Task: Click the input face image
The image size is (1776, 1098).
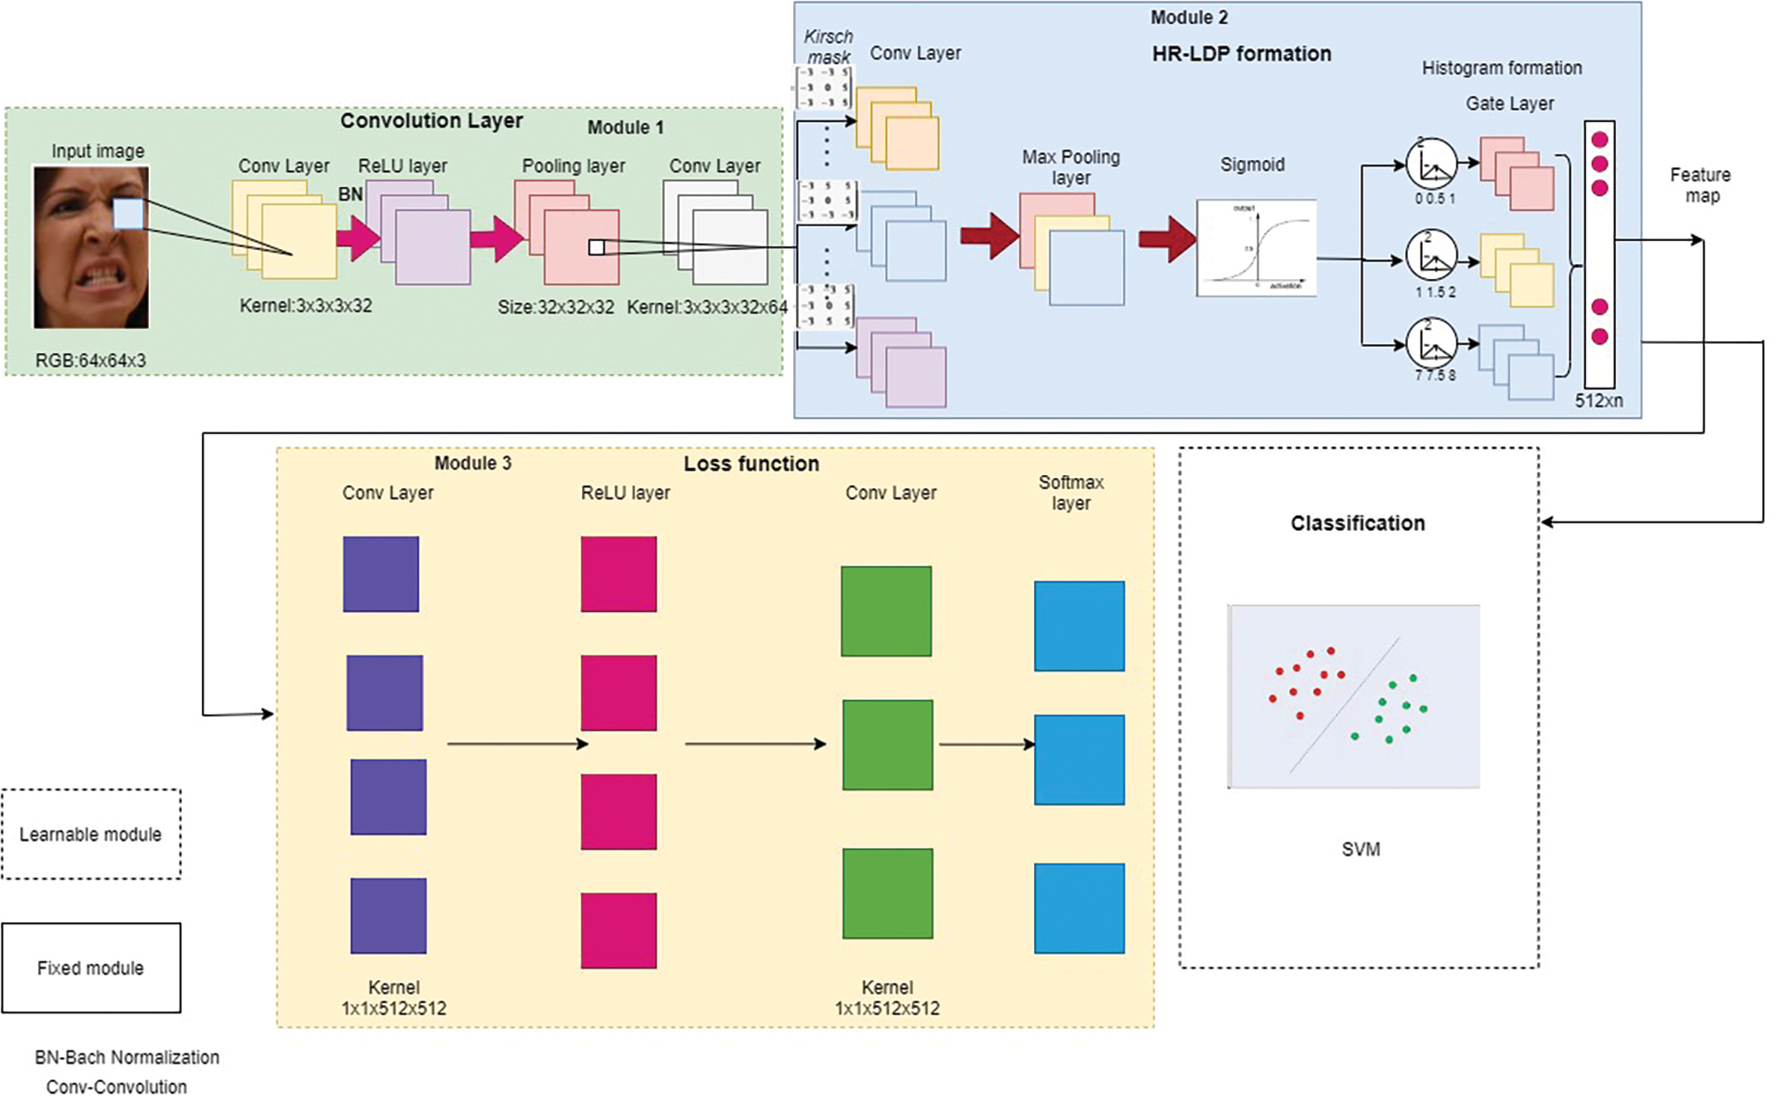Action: tap(90, 247)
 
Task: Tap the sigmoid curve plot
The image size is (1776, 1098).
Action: tap(1255, 247)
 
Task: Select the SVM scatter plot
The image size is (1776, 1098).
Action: tap(1353, 696)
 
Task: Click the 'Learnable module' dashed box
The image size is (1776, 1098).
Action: tap(90, 834)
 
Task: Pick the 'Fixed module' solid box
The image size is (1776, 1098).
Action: tap(90, 968)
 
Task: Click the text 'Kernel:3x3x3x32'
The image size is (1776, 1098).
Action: tap(305, 306)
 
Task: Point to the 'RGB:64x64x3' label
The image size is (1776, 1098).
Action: tap(90, 361)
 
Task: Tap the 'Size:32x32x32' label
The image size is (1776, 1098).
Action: tap(555, 307)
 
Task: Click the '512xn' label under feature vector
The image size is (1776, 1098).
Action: tap(1598, 401)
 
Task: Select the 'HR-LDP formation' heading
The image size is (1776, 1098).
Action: tap(1240, 54)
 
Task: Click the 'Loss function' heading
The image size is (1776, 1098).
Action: tap(751, 464)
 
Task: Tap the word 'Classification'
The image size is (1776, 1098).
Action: tap(1357, 523)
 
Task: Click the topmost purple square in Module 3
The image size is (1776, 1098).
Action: tap(380, 574)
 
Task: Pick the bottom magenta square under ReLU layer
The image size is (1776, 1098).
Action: tap(618, 930)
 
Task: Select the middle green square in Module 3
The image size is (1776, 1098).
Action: tap(887, 745)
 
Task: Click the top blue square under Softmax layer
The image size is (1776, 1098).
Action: tap(1079, 626)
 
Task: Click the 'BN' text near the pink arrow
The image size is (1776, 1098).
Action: tap(350, 194)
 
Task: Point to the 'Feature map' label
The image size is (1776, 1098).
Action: tap(1700, 185)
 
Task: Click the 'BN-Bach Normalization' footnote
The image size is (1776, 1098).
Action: tap(126, 1057)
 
